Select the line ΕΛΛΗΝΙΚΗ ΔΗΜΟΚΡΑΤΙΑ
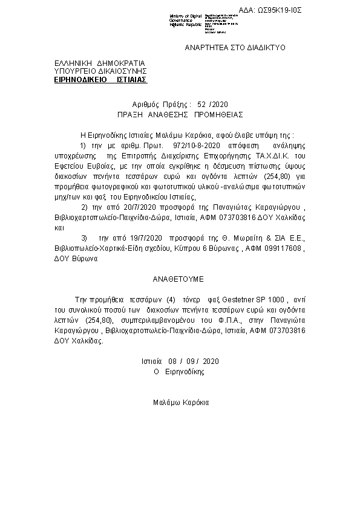click(100, 63)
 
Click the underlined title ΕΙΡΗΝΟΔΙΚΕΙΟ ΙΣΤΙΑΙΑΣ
click(100, 79)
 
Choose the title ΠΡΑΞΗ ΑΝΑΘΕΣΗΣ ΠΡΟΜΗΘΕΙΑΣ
click(180, 113)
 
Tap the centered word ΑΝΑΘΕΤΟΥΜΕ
click(179, 280)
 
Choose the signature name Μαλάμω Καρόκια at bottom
click(180, 401)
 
